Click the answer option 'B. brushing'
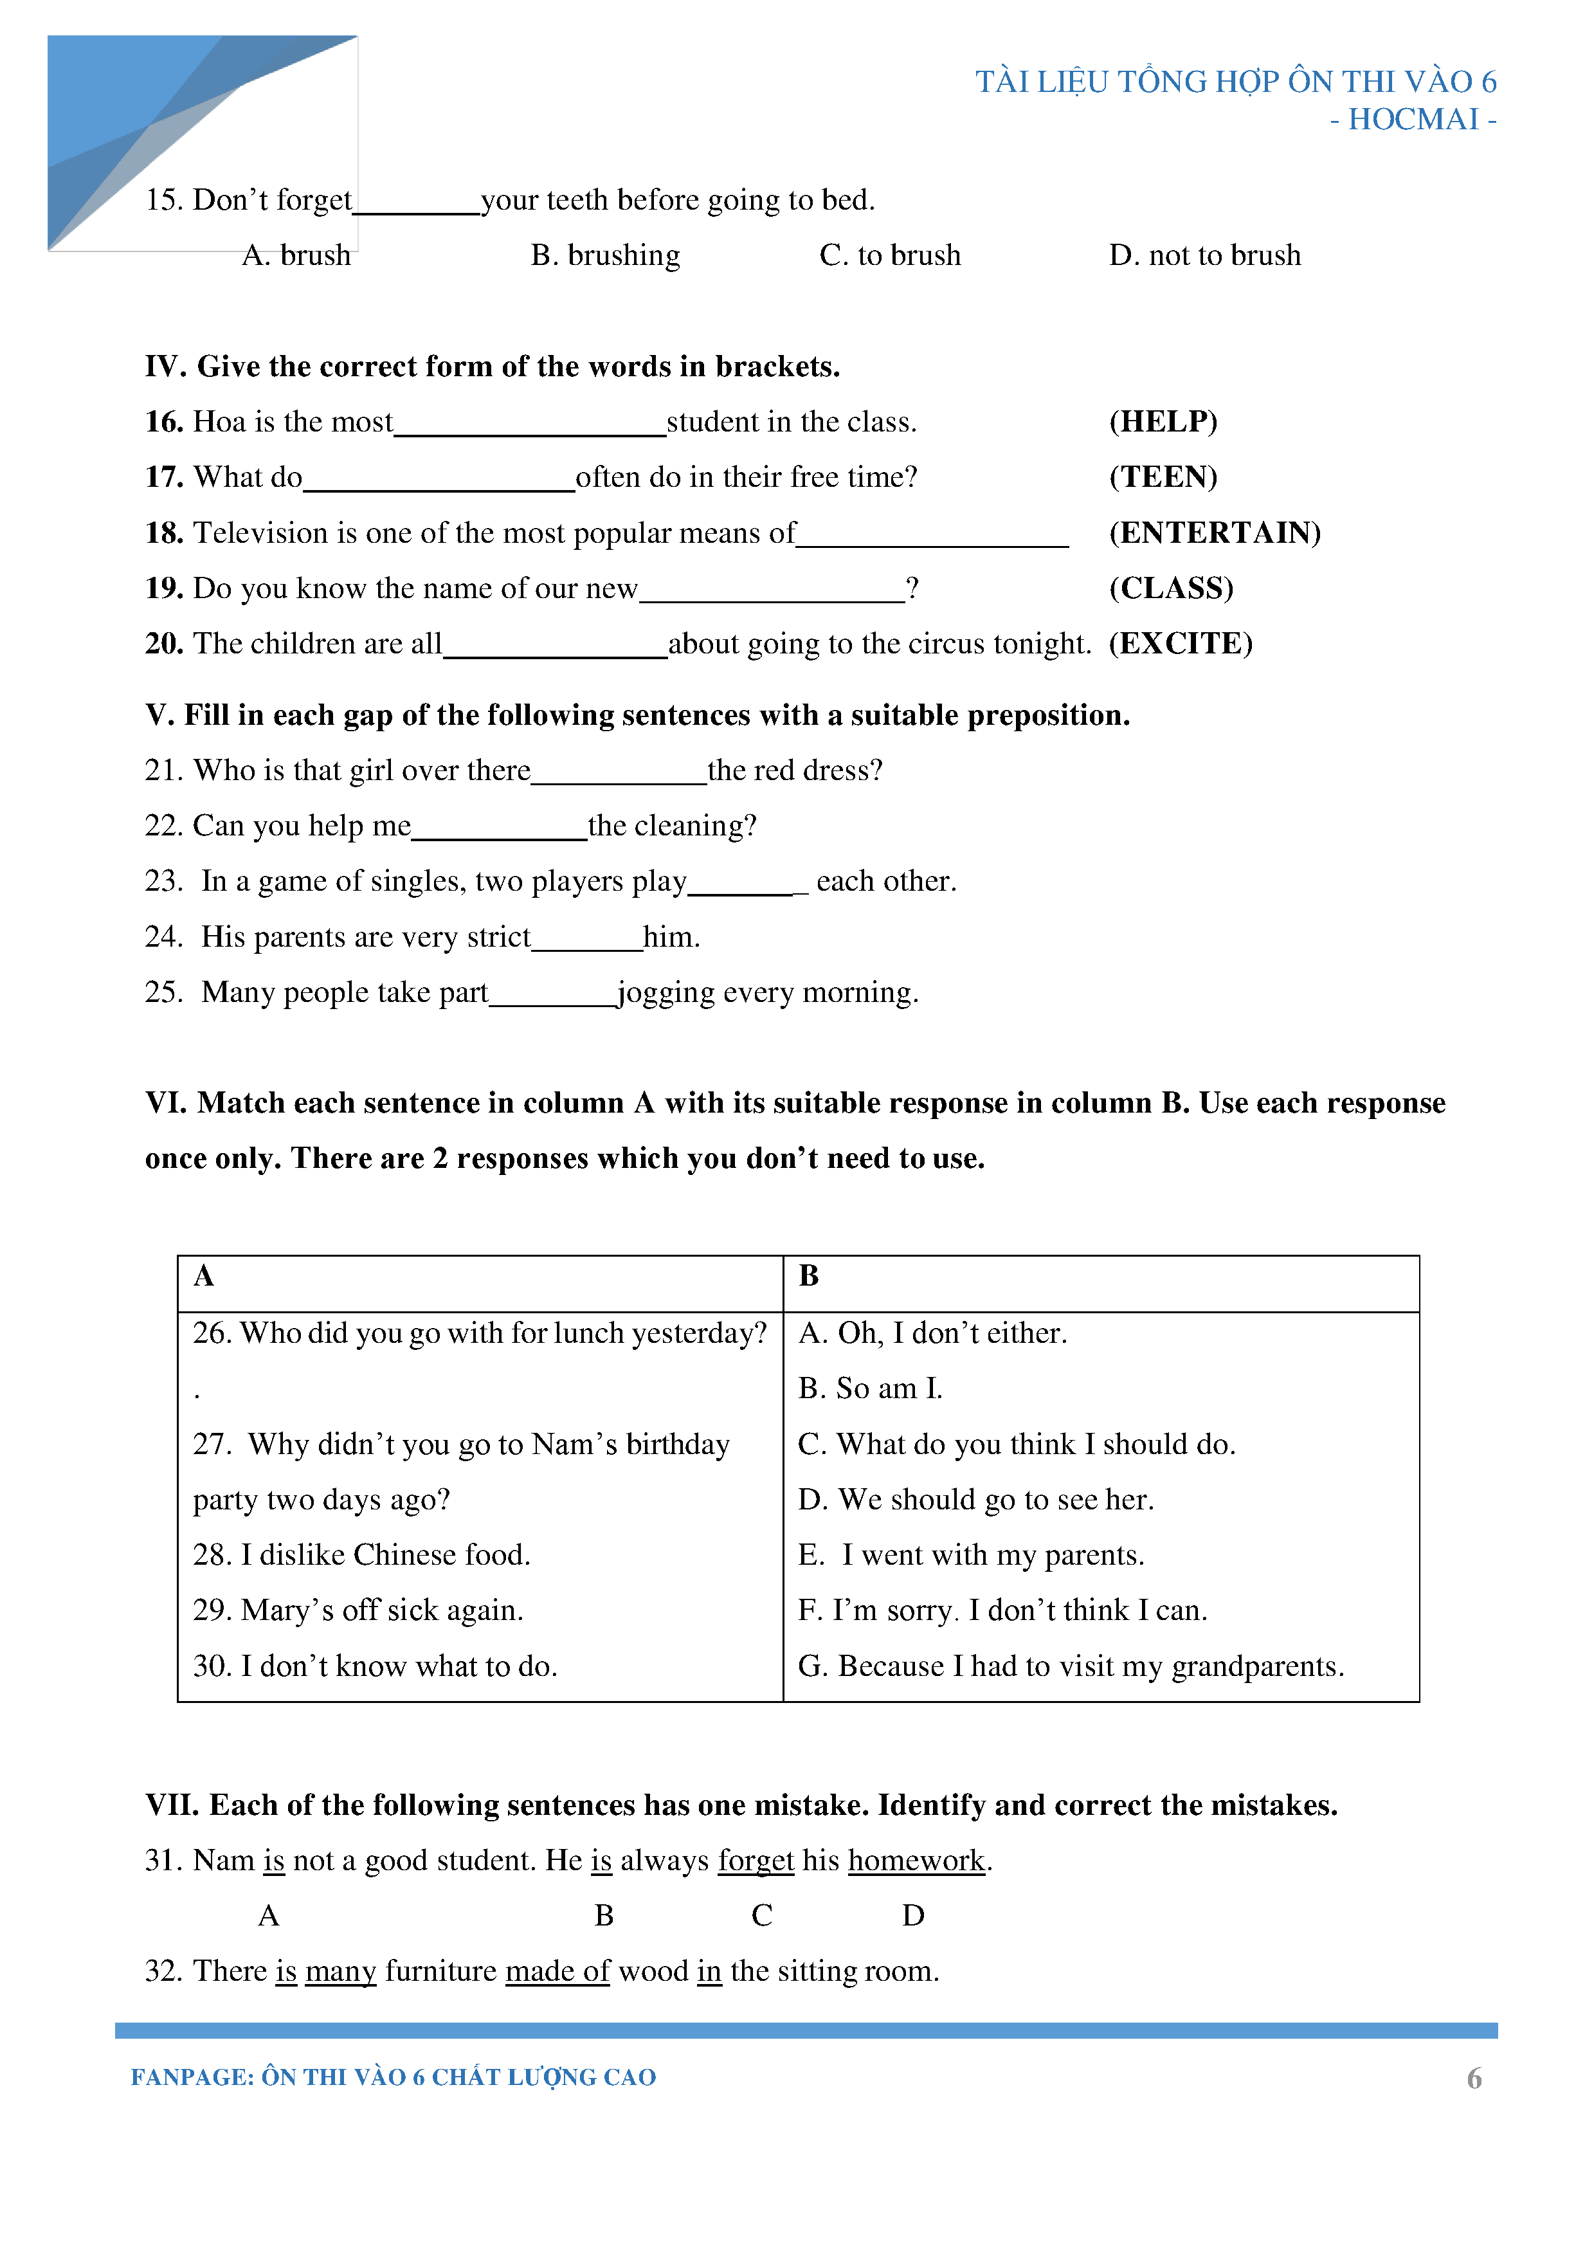[605, 256]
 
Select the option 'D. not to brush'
[1204, 256]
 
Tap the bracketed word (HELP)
[1163, 422]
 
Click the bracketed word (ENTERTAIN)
[1215, 533]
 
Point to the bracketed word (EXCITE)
[1180, 644]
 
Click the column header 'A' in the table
[204, 1277]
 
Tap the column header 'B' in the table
[808, 1277]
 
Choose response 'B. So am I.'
[869, 1388]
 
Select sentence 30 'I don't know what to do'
[375, 1666]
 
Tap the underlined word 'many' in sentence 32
[340, 1972]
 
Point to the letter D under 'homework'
[912, 1916]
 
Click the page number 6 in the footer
[1473, 2078]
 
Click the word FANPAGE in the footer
[192, 2077]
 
